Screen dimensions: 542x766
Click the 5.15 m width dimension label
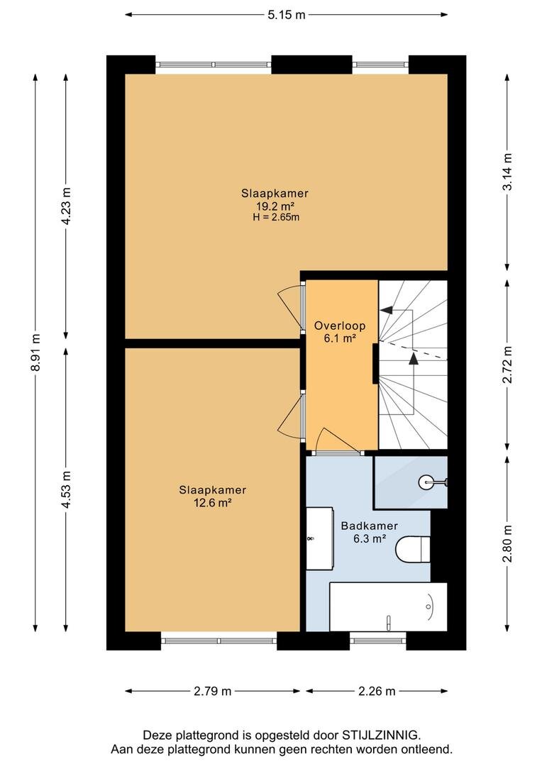286,15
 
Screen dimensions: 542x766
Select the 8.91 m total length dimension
35,353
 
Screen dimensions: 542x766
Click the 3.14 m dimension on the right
508,172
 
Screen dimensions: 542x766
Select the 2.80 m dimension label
508,543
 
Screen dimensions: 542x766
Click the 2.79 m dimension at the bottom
213,692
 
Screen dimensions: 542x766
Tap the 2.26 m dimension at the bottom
377,692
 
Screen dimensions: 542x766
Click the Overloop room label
340,326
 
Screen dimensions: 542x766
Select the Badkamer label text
370,526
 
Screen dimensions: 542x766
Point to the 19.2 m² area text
275,206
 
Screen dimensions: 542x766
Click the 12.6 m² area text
213,502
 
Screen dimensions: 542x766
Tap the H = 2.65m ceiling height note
276,218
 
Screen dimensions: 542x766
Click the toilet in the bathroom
412,549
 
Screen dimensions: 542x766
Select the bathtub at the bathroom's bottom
389,606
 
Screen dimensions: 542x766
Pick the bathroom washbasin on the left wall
320,538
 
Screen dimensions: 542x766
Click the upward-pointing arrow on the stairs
414,359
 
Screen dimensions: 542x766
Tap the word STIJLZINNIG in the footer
381,735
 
